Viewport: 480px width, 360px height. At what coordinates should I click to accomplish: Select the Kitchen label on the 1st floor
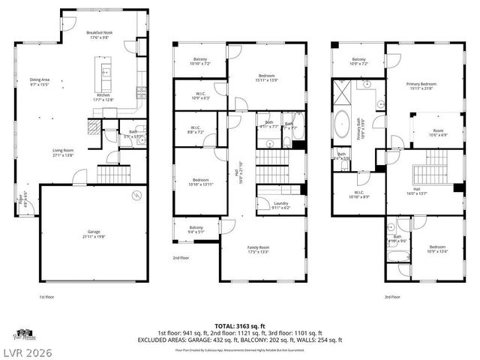click(102, 94)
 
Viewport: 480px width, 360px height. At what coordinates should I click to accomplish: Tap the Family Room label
click(259, 248)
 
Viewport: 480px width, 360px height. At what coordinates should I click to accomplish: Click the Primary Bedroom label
click(421, 85)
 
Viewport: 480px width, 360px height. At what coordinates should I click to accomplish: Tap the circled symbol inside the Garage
click(136, 196)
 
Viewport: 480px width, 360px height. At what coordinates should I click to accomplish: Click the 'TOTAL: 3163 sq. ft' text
click(239, 326)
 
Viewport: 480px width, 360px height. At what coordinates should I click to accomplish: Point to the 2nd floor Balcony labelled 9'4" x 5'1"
click(196, 229)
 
